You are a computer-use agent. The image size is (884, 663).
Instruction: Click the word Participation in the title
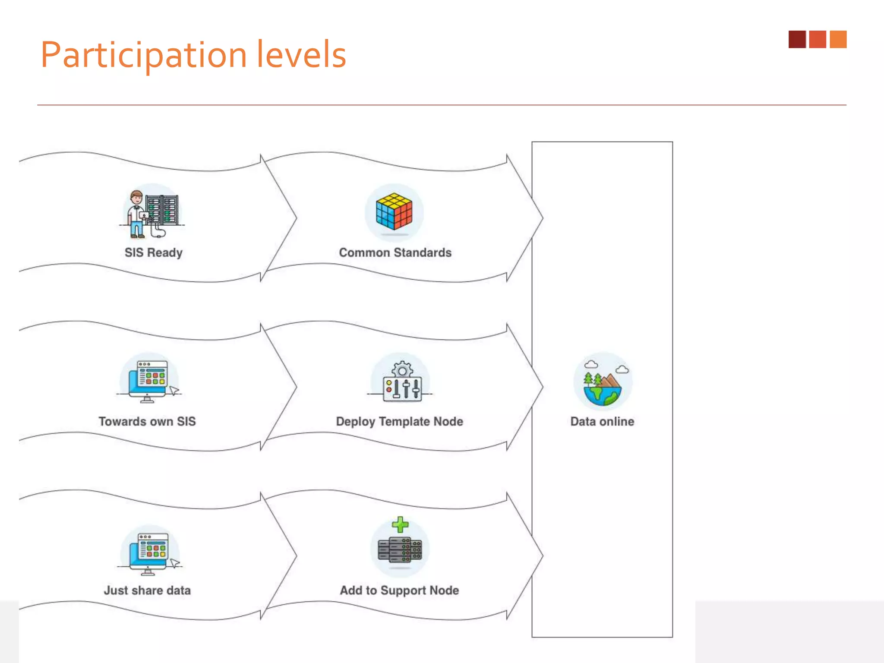pos(143,55)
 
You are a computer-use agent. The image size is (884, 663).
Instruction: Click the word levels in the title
pos(301,54)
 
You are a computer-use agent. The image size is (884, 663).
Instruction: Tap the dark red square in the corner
pos(797,39)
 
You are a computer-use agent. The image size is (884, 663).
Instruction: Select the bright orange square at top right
pos(838,39)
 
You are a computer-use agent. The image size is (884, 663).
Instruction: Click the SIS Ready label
pos(153,253)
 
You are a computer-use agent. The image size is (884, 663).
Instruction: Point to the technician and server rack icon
pos(152,214)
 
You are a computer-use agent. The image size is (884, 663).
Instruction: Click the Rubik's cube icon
pos(394,212)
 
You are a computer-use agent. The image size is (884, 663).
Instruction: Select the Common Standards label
pos(395,253)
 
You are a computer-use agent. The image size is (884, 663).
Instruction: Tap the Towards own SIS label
pos(147,421)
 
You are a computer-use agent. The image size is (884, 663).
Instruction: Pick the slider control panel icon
pos(402,388)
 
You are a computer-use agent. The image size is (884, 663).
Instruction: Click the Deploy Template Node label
pos(399,421)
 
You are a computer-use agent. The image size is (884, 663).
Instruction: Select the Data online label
pos(602,421)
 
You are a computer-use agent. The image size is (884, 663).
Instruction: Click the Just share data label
pos(147,590)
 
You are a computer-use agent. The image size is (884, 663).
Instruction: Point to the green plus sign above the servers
pos(400,524)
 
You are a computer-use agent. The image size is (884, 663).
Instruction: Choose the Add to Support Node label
pos(399,590)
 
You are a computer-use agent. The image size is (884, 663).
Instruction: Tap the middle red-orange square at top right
pos(817,39)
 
